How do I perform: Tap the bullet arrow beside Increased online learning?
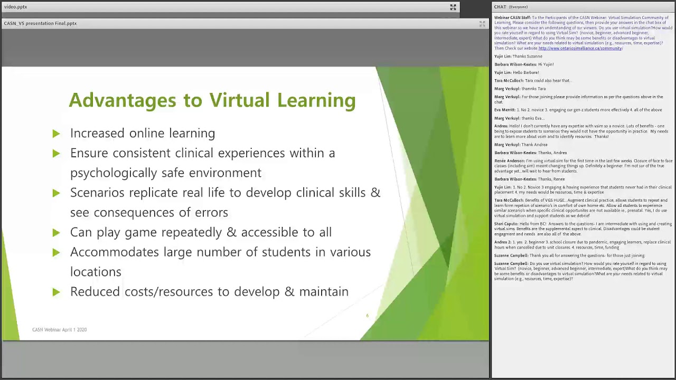pos(56,134)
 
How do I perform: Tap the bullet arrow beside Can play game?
pos(56,232)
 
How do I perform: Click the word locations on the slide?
pos(96,272)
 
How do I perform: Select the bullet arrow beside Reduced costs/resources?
pos(56,292)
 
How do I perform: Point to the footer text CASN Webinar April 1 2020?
pos(59,330)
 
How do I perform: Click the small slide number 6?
pos(367,316)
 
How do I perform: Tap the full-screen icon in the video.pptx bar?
pos(453,7)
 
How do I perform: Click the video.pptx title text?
pos(15,7)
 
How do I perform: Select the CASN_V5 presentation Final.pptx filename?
pos(40,23)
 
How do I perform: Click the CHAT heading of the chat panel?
pos(500,7)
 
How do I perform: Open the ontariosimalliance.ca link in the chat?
pos(580,49)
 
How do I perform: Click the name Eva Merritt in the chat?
pos(504,110)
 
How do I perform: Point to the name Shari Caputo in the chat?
pos(506,224)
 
